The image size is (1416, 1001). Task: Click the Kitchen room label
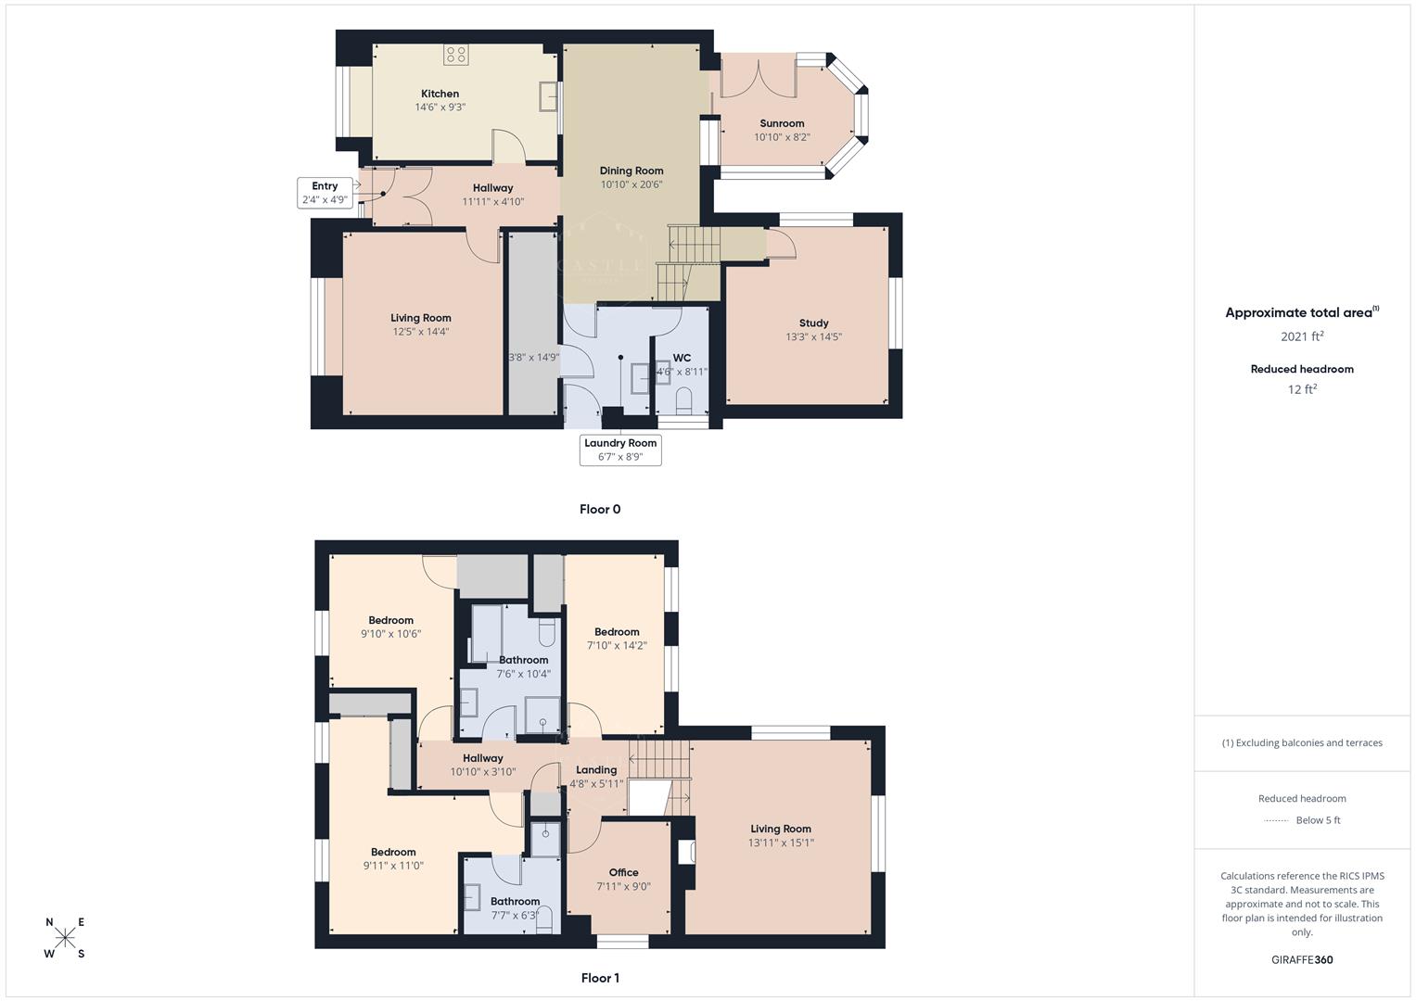point(440,94)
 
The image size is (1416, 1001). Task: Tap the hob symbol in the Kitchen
point(454,55)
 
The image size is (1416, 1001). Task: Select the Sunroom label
point(782,123)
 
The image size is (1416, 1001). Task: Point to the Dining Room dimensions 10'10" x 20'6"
point(631,184)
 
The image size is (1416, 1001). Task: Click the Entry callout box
point(325,193)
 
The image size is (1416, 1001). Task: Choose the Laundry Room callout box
point(620,450)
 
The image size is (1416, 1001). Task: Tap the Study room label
point(813,323)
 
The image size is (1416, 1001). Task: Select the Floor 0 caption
point(600,509)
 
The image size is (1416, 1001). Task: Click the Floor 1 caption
point(600,978)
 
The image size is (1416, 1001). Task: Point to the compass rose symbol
point(65,938)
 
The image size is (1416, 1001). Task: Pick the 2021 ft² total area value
point(1302,336)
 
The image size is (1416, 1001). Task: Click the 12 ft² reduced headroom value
point(1302,389)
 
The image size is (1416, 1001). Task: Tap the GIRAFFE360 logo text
point(1302,959)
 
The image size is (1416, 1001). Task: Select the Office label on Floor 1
point(623,872)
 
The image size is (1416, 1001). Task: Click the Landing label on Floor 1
point(596,770)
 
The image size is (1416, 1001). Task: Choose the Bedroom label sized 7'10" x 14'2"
point(617,632)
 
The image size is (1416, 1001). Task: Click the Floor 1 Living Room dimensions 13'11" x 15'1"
point(781,843)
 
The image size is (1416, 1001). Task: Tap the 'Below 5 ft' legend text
point(1318,820)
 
